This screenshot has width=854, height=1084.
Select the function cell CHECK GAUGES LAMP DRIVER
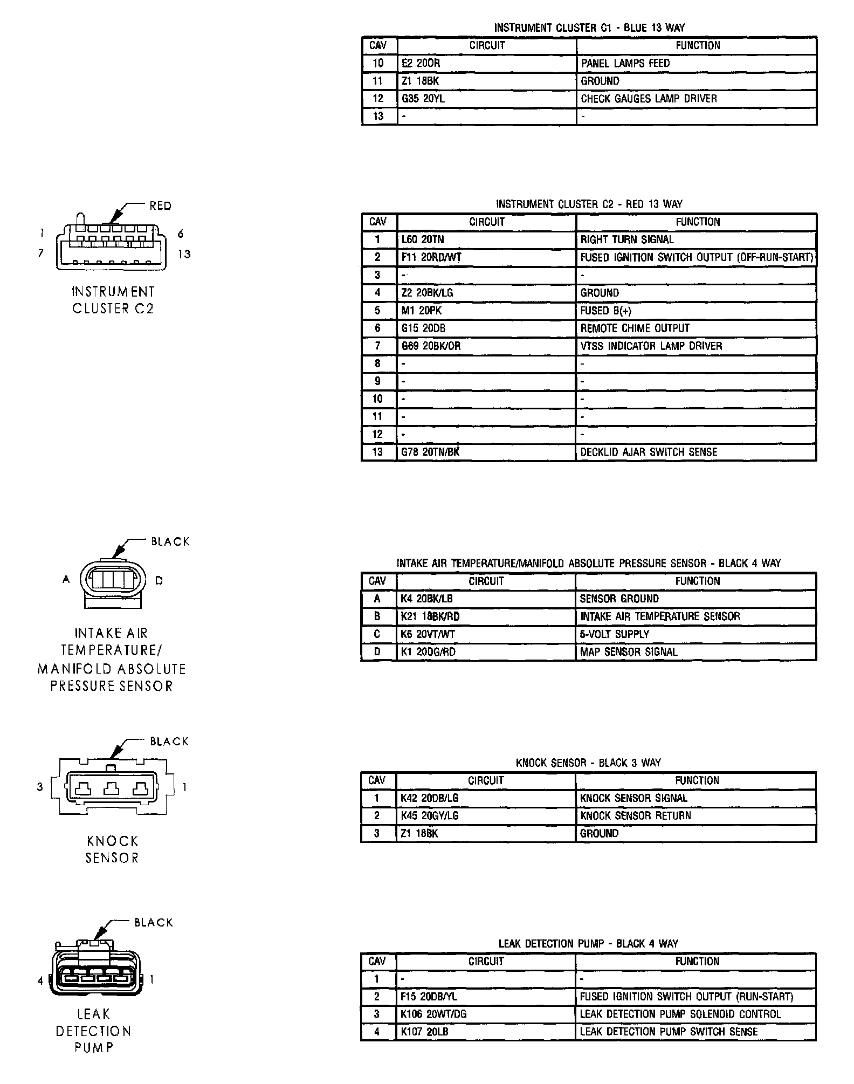[649, 99]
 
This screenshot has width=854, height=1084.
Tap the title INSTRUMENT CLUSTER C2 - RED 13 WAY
[589, 204]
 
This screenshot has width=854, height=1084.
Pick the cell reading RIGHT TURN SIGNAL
[627, 239]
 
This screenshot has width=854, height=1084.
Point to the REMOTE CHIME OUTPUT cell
[635, 328]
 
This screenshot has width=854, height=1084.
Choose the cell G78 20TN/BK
[430, 452]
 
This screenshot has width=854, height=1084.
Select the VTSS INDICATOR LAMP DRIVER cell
[651, 346]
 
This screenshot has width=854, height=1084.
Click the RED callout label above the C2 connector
[160, 206]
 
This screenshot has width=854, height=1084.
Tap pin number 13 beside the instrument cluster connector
[184, 254]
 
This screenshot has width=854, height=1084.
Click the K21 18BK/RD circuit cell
[430, 616]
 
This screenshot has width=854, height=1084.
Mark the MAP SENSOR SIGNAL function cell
[628, 652]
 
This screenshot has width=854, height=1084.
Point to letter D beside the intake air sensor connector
[159, 581]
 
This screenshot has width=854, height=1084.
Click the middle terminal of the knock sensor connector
[111, 789]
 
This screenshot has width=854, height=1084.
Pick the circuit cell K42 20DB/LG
[429, 798]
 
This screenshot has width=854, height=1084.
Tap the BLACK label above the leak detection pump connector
[154, 923]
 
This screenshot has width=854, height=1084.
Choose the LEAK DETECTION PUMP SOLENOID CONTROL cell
[680, 1014]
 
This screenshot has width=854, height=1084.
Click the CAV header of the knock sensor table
[377, 780]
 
